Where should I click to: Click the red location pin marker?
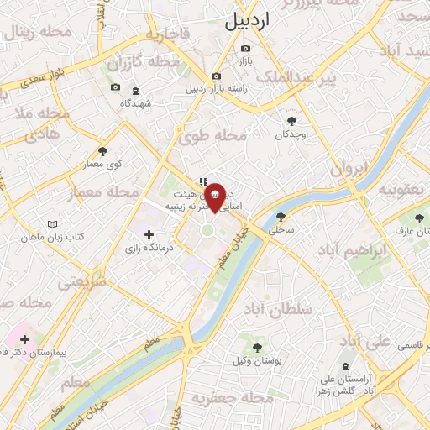tap(215, 196)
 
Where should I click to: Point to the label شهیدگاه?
tap(136, 102)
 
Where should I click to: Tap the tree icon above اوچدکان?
tap(292, 121)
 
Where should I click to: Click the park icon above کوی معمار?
tap(103, 151)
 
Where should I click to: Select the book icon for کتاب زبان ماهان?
tap(54, 225)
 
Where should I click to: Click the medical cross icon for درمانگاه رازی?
tap(149, 234)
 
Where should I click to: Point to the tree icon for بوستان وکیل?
tap(257, 347)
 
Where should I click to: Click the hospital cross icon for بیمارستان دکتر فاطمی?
tap(24, 340)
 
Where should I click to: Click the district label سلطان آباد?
tap(279, 309)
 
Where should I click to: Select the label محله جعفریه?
tap(223, 396)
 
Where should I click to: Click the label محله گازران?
tap(144, 63)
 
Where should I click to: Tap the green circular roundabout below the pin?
tap(207, 230)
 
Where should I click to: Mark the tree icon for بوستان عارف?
tap(419, 218)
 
